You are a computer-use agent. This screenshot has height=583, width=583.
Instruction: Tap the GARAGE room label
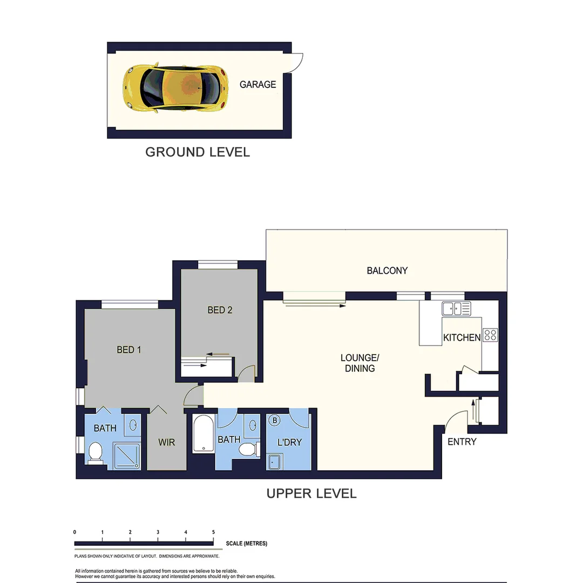[257, 84]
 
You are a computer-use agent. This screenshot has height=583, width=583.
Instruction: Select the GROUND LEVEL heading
[198, 152]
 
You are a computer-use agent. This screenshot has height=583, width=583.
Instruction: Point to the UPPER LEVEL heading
[311, 493]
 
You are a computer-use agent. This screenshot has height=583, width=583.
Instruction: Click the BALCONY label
[387, 270]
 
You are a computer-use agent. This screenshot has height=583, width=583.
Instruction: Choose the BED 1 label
[129, 350]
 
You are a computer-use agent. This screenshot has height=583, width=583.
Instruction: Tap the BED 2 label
[220, 310]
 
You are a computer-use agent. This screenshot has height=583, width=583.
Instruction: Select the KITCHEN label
[462, 338]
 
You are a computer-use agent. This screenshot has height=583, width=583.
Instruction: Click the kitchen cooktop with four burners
[490, 335]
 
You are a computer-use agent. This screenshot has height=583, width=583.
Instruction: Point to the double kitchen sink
[456, 309]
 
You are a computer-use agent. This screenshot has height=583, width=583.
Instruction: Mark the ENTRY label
[462, 442]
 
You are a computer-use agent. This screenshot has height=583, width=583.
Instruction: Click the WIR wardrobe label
[166, 442]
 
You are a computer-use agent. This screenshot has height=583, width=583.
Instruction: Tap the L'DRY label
[289, 442]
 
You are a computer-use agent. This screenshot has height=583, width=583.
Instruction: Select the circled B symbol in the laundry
[274, 420]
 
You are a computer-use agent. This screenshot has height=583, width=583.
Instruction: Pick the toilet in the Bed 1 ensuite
[96, 452]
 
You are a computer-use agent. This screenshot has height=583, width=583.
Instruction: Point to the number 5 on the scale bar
[214, 532]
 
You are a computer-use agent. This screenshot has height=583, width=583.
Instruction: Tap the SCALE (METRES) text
[247, 544]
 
